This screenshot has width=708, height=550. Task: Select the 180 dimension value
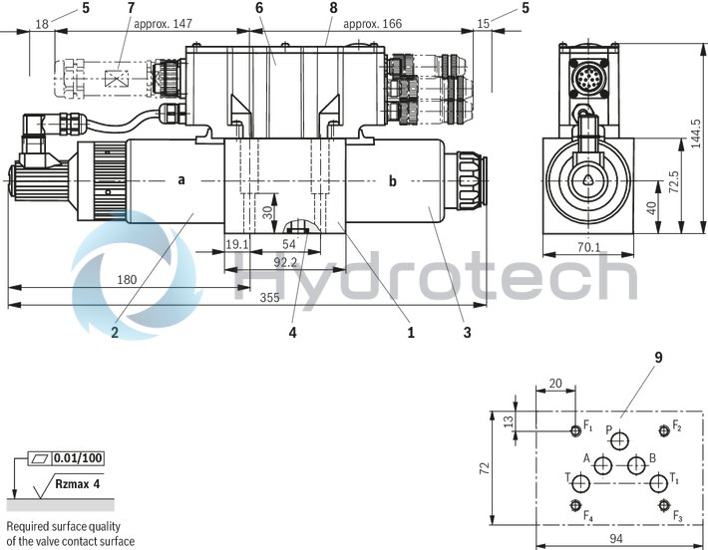coord(127,281)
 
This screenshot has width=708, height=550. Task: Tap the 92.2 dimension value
coord(286,263)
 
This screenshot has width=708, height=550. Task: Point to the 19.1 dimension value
coord(236,243)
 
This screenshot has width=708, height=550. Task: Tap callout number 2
coord(115,334)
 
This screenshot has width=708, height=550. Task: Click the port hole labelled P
coord(621,441)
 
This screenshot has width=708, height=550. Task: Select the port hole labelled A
coord(602,464)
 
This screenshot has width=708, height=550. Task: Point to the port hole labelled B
coord(635,465)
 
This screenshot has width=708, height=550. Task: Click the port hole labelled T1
coord(657,484)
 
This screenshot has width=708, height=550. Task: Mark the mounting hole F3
coord(662,505)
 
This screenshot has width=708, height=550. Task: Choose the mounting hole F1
coord(574,431)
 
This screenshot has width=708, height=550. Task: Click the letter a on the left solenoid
coord(181,180)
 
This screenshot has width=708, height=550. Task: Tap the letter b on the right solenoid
coord(392,180)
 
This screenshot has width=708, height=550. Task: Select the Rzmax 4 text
coord(77,483)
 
